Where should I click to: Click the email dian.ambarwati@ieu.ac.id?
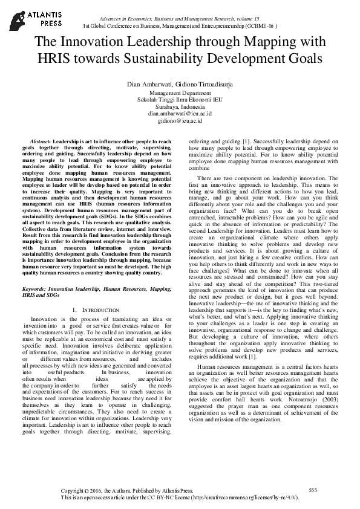(x=180, y=114)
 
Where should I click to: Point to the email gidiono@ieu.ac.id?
(x=180, y=121)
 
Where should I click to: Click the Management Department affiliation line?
(x=180, y=94)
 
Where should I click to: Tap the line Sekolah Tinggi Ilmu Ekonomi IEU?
(x=180, y=100)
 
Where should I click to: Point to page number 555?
(x=312, y=489)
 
